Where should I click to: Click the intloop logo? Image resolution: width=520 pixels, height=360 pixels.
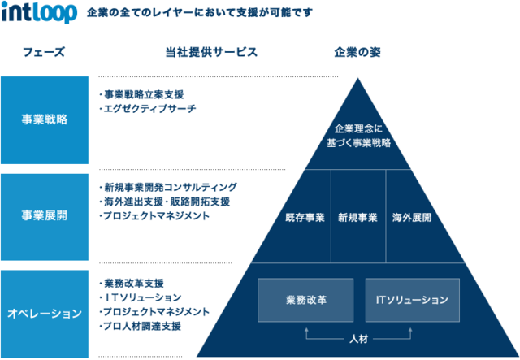tap(39, 14)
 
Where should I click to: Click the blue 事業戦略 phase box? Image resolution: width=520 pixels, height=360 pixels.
tap(44, 119)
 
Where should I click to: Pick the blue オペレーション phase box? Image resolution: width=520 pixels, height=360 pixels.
tap(44, 313)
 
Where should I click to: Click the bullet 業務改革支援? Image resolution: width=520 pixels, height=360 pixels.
tap(135, 284)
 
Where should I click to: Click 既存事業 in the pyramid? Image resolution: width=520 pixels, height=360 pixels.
tap(305, 218)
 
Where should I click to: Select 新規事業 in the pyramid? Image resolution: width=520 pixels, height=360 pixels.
tap(357, 218)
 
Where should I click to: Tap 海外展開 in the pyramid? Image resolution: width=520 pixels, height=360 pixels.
tap(412, 218)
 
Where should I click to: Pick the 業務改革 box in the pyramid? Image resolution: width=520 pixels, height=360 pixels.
tap(306, 300)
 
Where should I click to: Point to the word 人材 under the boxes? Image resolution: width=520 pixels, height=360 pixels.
tap(359, 338)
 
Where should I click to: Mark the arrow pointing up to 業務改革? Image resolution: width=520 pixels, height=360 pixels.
tap(306, 331)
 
